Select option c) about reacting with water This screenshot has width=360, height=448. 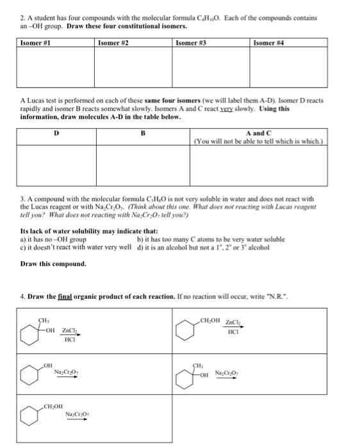pos(77,247)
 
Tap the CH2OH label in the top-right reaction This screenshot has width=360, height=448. pos(212,319)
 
